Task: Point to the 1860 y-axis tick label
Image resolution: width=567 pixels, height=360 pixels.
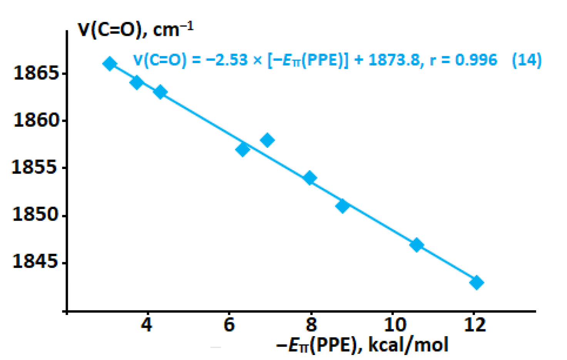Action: (x=36, y=120)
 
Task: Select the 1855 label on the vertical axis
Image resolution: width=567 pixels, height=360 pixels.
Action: (x=35, y=167)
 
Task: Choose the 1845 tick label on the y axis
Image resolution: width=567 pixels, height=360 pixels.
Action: (x=36, y=261)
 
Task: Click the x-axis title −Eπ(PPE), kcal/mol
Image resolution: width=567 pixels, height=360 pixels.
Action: (x=362, y=345)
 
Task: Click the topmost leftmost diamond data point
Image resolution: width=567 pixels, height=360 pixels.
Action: (x=110, y=64)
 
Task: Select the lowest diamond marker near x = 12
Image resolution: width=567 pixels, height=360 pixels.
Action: (x=477, y=283)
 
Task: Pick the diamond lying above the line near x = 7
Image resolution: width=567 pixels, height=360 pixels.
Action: (x=268, y=140)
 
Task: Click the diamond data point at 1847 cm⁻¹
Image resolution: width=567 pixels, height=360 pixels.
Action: (x=416, y=245)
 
